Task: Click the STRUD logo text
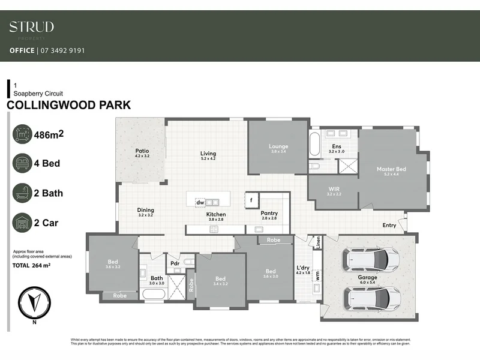click(32, 27)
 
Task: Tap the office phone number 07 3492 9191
click(62, 51)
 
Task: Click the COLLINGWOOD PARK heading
click(68, 106)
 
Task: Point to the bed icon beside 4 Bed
click(23, 163)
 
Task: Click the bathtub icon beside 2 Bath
click(23, 193)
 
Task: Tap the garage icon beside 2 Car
click(23, 223)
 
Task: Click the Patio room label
click(142, 151)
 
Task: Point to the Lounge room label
click(278, 146)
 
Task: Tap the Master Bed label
click(391, 169)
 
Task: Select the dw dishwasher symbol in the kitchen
click(200, 202)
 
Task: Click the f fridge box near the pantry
click(252, 200)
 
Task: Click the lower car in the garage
click(370, 296)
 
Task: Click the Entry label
click(389, 225)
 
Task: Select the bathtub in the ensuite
click(316, 145)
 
